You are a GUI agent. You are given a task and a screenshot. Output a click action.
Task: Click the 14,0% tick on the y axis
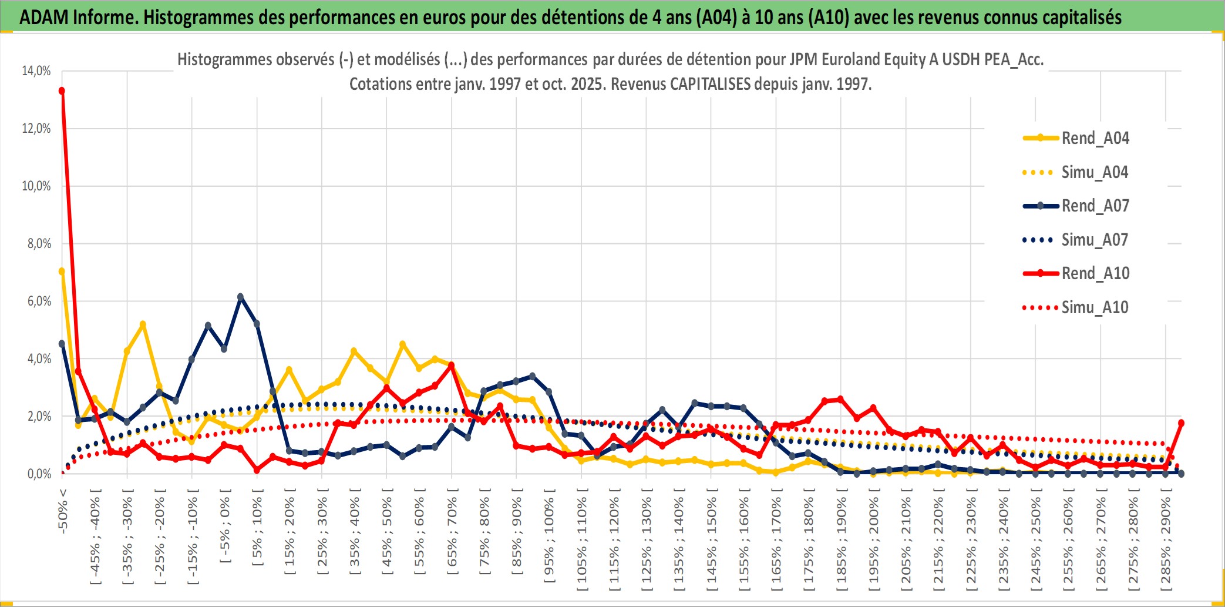coord(36,71)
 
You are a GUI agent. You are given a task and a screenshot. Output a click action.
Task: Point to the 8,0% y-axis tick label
coord(39,244)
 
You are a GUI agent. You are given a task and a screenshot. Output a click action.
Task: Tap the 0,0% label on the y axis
coord(39,474)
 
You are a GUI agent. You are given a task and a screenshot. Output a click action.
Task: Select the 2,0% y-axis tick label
coord(39,417)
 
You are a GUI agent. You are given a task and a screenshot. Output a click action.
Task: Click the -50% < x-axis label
coord(63,511)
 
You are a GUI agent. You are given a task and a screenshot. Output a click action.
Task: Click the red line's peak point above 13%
coord(62,91)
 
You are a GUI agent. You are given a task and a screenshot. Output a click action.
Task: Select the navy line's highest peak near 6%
coord(240,297)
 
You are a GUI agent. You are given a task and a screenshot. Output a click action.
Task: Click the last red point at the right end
coord(1181,423)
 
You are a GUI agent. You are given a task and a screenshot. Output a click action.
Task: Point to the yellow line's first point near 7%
coord(62,271)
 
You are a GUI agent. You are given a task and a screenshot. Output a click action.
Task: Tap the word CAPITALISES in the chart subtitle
coord(710,85)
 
